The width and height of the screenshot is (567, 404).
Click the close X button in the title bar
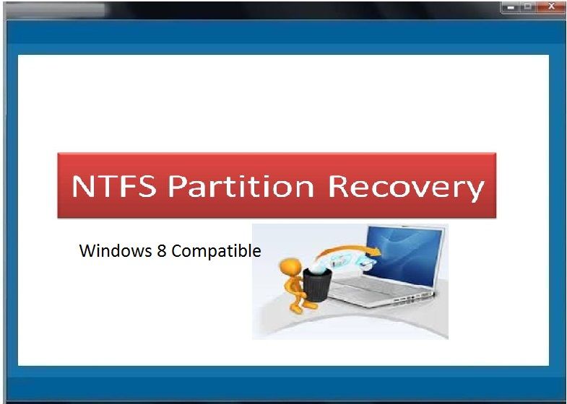pos(551,6)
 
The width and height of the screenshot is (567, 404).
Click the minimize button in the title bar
pos(510,7)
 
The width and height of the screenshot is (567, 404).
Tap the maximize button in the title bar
pos(528,6)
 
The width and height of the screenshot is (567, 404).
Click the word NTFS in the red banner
pos(114,186)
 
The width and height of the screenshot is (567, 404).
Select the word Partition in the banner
pos(241,186)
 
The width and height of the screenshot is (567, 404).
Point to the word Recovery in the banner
pos(406,188)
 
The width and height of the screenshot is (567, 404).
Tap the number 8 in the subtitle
pos(161,251)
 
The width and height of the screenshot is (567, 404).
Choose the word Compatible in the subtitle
pos(216,251)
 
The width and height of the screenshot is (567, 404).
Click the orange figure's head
pos(290,268)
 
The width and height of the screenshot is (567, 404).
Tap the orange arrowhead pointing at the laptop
pos(375,251)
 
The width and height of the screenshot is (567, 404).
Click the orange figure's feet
pos(303,308)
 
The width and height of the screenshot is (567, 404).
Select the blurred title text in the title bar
pos(56,11)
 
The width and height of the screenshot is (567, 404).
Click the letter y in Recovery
pos(474,192)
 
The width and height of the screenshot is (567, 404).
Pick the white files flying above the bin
pos(350,260)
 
